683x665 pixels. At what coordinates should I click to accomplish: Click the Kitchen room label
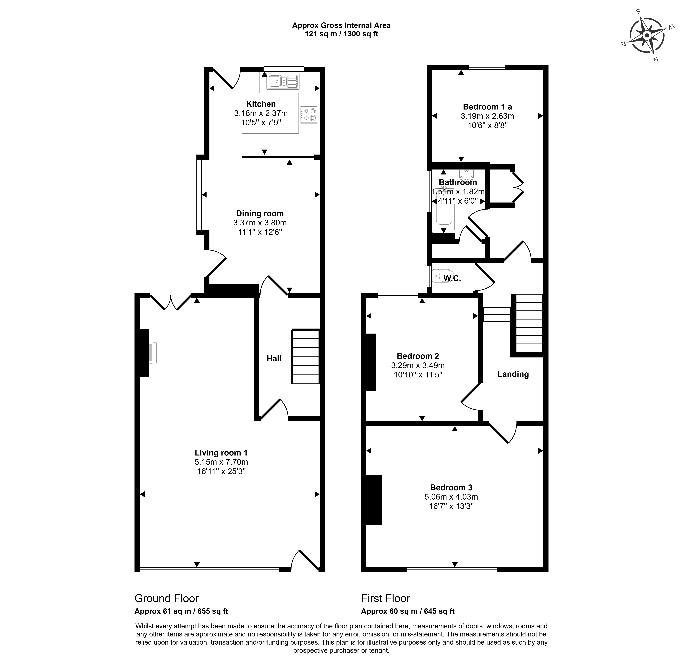[x=261, y=104]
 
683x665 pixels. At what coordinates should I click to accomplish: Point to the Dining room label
[x=260, y=213]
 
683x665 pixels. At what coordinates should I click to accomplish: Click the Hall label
[x=274, y=358]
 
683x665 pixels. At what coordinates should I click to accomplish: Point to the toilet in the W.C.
[x=442, y=276]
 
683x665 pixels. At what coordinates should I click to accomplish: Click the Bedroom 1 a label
[x=487, y=107]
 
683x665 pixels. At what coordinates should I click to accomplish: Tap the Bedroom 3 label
[x=451, y=488]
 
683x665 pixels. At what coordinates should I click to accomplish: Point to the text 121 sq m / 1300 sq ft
[x=341, y=34]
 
